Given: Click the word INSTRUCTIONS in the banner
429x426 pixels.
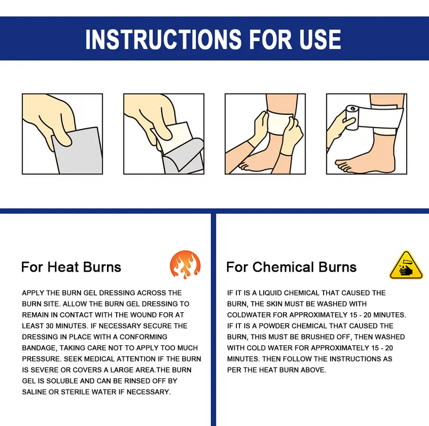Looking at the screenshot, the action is click(x=163, y=39).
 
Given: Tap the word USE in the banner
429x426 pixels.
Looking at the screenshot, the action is click(x=320, y=39).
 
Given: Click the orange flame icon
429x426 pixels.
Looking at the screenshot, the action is click(x=185, y=265).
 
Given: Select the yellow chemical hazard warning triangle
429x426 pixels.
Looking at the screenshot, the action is click(x=406, y=265).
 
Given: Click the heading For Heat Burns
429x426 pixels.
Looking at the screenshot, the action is click(x=71, y=267).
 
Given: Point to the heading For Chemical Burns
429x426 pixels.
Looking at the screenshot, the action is click(x=292, y=267).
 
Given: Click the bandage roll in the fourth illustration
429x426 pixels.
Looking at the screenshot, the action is click(x=352, y=117).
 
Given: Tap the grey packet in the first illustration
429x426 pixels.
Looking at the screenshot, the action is click(x=78, y=151).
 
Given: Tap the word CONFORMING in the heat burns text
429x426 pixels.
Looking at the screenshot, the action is click(x=144, y=337).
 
